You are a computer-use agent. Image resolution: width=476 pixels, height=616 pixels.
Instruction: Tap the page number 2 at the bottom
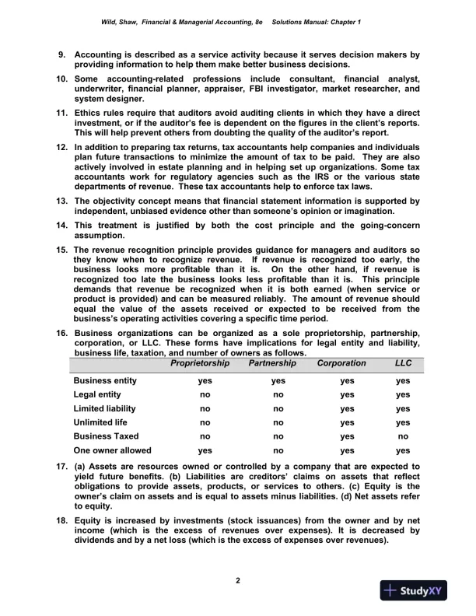click(x=238, y=579)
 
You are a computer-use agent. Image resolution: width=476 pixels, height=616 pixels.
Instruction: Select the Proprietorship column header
click(x=200, y=363)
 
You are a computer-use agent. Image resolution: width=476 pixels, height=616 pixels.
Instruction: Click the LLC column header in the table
click(x=402, y=363)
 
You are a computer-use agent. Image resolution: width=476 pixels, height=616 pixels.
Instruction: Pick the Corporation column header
click(x=341, y=363)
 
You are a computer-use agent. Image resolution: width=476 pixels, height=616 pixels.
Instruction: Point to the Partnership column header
click(x=272, y=363)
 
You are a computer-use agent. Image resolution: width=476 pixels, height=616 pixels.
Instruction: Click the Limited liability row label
click(x=104, y=408)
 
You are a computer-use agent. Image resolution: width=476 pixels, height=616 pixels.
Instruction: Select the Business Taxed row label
click(x=106, y=436)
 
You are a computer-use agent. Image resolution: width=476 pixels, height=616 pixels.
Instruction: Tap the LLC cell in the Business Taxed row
click(x=402, y=436)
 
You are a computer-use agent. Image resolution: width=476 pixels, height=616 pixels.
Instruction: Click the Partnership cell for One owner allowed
click(x=278, y=450)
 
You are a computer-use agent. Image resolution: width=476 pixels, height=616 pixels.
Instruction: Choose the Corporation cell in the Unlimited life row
click(x=347, y=422)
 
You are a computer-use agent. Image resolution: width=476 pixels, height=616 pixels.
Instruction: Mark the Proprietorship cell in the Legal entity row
click(x=205, y=394)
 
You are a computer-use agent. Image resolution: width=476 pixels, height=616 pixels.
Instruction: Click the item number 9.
click(x=62, y=55)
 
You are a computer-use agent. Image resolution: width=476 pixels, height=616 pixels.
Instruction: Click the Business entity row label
click(x=105, y=381)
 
